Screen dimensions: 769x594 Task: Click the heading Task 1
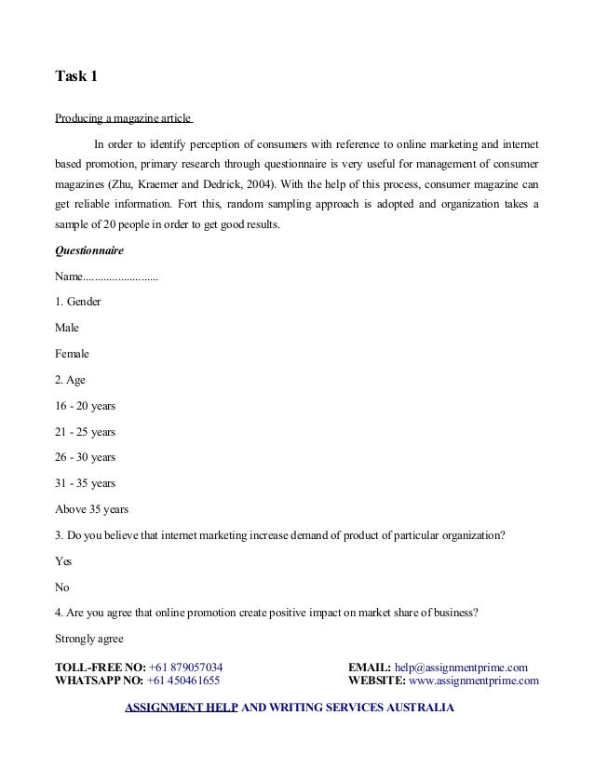[x=76, y=76]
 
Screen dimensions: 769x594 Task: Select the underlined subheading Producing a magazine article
[x=123, y=118]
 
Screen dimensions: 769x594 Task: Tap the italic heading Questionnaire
[x=90, y=250]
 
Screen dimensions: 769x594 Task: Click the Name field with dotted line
[x=106, y=277]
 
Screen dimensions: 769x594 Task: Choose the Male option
[x=67, y=328]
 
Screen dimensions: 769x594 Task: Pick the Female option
[x=73, y=354]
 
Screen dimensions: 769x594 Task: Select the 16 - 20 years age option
[x=86, y=406]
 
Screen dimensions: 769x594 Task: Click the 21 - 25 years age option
[x=86, y=432]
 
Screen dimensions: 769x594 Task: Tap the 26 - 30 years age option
[x=86, y=457]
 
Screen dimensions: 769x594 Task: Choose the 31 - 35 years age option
[x=86, y=483]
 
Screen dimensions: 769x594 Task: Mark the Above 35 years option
[x=92, y=509]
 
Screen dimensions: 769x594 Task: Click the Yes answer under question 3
[x=64, y=561]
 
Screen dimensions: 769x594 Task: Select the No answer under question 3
[x=63, y=587]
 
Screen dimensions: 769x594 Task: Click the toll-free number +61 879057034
[x=185, y=667]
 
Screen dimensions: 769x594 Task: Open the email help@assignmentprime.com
[x=461, y=667]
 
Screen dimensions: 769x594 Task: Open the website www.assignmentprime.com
[x=474, y=681]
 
